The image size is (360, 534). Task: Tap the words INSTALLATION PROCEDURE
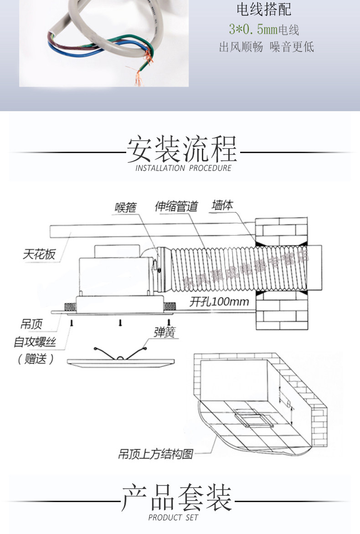coord(184,168)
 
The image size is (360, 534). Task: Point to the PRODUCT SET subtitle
coord(173,518)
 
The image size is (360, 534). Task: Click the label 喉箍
coord(125,207)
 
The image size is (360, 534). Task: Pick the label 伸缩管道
coord(176,207)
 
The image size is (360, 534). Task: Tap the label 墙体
coord(222,205)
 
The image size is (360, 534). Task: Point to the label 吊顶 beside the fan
coord(31,324)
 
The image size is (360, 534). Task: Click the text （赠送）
coord(36,359)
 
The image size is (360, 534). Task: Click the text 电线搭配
coord(264,10)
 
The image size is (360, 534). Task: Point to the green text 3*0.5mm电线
coord(264,31)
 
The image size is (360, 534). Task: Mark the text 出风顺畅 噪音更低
coord(267,47)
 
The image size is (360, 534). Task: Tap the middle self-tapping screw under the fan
coord(120,323)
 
